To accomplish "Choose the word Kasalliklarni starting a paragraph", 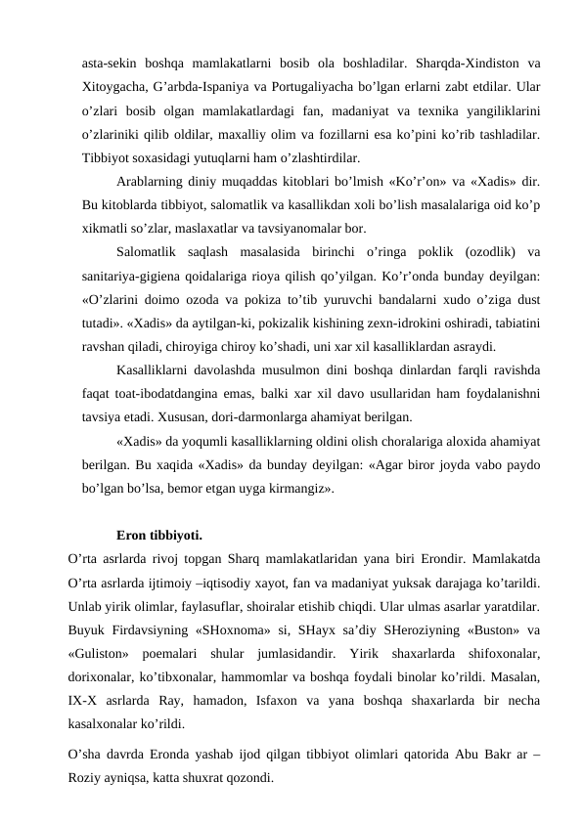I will [x=157, y=371].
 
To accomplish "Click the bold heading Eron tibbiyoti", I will [x=158, y=535].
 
